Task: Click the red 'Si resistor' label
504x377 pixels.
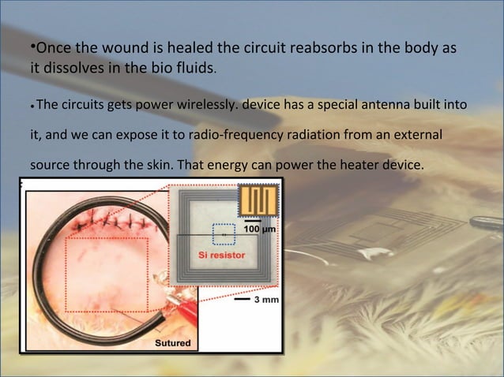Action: (221, 256)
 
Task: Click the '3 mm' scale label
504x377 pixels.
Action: (263, 300)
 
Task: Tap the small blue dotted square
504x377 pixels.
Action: (224, 234)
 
